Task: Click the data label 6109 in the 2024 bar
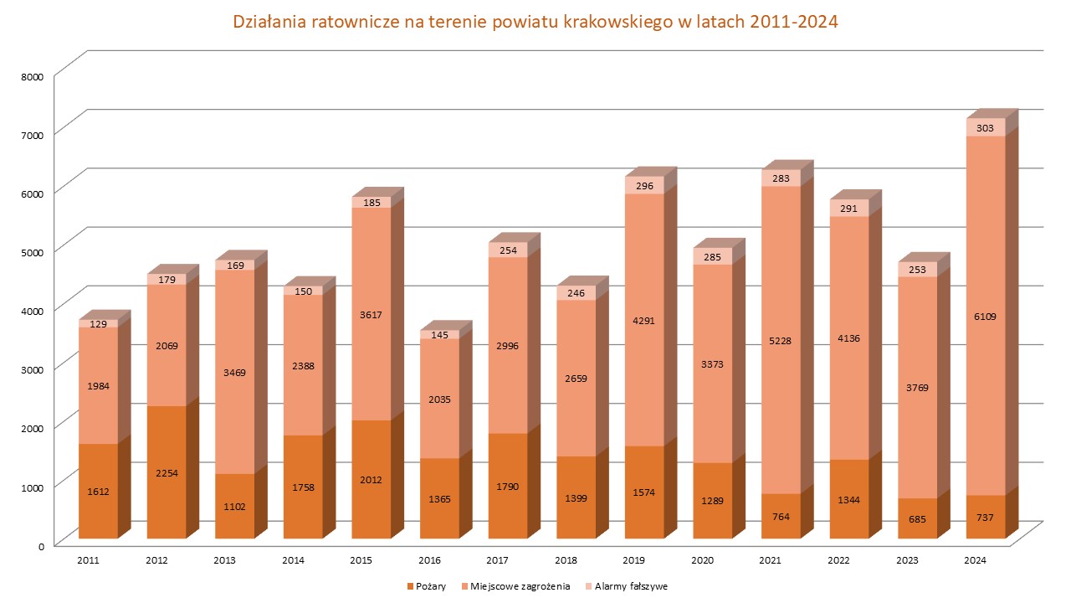[986, 317]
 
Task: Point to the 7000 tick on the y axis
[32, 133]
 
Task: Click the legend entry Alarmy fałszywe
[632, 586]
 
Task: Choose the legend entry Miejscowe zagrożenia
[520, 586]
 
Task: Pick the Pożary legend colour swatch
[409, 586]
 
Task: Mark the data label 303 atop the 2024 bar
[986, 128]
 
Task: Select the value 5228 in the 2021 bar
[781, 341]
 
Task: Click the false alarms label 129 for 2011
[99, 324]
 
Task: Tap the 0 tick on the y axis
[38, 545]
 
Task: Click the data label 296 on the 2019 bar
[644, 186]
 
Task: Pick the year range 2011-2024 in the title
[793, 23]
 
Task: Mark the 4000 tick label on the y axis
[32, 310]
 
